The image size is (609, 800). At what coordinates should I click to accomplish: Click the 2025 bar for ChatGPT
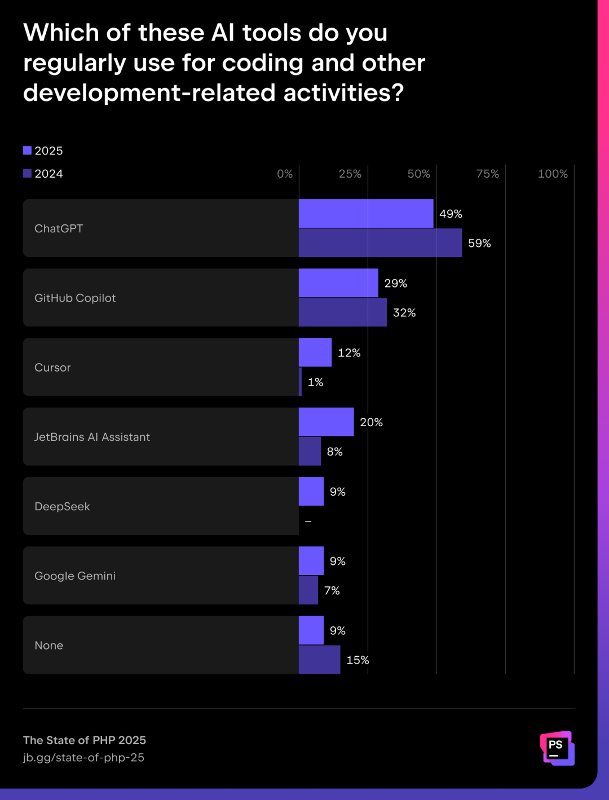[x=366, y=214]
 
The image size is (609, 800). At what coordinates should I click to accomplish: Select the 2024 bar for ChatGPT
[x=380, y=243]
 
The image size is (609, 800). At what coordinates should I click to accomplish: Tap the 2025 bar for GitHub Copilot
[x=338, y=283]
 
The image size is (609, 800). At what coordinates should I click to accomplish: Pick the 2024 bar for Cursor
[x=301, y=382]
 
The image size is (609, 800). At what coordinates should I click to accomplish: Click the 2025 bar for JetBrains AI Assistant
[x=326, y=422]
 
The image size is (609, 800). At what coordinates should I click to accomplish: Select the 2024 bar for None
[x=319, y=660]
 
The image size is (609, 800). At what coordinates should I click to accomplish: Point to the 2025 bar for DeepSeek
[x=311, y=492]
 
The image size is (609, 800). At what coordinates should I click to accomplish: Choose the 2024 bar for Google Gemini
[x=308, y=590]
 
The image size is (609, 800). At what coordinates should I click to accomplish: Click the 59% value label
[x=479, y=244]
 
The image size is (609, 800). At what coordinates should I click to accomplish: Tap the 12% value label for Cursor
[x=349, y=353]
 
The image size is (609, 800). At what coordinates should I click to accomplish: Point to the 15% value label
[x=358, y=660]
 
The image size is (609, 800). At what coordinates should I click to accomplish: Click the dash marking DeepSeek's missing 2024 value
[x=308, y=521]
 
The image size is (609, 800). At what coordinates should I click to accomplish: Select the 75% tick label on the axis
[x=487, y=174]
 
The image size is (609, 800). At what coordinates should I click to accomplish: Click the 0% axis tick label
[x=285, y=174]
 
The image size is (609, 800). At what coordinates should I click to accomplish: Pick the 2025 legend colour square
[x=27, y=151]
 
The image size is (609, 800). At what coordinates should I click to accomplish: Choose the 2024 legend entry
[x=43, y=174]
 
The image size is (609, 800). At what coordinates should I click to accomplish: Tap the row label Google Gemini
[x=75, y=576]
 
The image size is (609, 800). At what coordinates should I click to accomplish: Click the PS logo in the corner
[x=557, y=748]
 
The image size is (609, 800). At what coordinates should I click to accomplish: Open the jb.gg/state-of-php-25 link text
[x=83, y=758]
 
